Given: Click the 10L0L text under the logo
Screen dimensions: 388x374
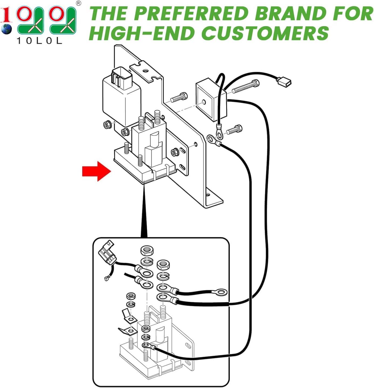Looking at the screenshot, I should (x=39, y=41).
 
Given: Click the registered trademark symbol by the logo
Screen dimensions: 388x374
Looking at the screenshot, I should (x=78, y=4).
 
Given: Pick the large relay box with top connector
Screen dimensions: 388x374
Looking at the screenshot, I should (x=121, y=94).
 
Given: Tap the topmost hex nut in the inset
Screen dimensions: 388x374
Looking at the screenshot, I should (x=147, y=251).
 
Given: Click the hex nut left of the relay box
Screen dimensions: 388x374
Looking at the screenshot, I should (x=107, y=125).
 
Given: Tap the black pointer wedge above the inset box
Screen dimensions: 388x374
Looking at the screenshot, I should (x=144, y=216).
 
